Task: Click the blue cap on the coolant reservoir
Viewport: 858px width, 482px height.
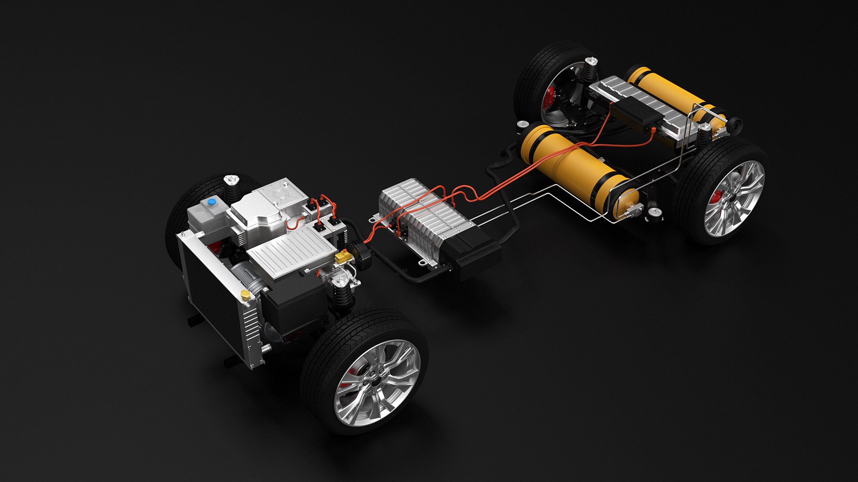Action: point(210,202)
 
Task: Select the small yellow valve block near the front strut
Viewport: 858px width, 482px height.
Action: point(342,257)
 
